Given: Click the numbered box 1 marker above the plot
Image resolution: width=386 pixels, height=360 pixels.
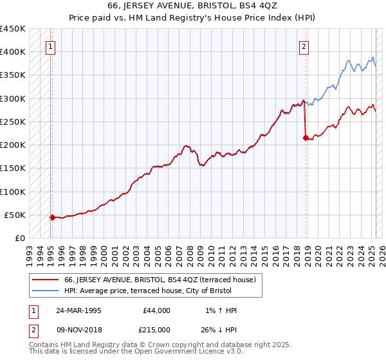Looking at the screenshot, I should [x=50, y=46].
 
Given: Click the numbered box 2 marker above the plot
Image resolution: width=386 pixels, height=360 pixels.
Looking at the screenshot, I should [x=303, y=46].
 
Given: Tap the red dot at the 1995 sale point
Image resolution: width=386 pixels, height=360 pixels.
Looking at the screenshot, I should [x=52, y=217].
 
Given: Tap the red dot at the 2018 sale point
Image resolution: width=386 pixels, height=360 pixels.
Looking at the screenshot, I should [x=305, y=137].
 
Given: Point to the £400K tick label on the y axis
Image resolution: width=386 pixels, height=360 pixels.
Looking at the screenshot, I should [x=13, y=52].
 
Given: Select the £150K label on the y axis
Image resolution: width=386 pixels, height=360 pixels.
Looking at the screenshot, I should [x=13, y=168].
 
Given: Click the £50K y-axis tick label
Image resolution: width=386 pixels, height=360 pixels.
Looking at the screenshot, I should [x=15, y=215].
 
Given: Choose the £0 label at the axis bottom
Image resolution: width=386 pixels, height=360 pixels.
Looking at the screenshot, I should [x=20, y=238].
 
